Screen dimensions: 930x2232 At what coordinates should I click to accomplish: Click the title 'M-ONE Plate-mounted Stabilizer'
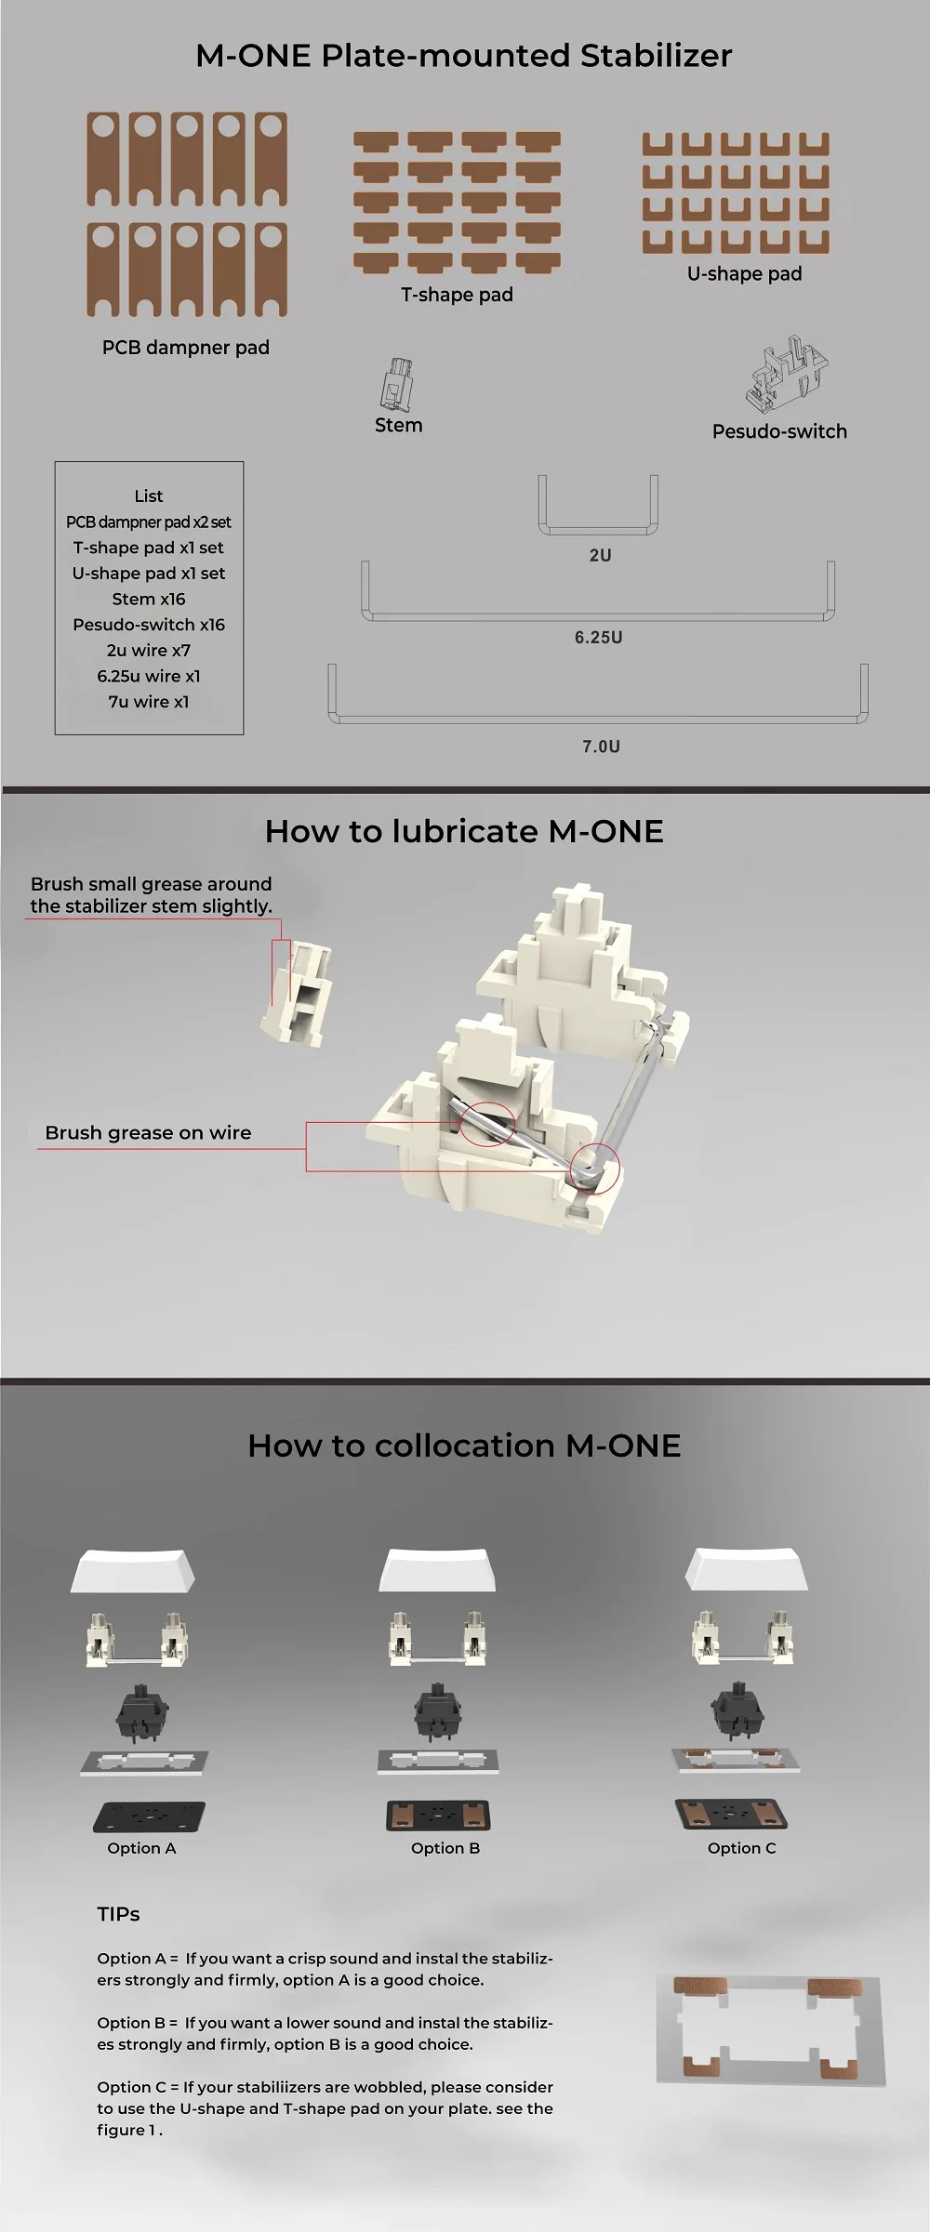tap(463, 56)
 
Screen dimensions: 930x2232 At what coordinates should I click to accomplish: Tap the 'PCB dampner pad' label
tap(186, 348)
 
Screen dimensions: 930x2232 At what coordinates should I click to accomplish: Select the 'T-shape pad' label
tap(457, 295)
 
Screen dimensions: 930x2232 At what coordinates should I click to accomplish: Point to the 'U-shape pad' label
tap(744, 273)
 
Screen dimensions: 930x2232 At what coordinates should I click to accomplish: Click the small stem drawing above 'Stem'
tap(396, 385)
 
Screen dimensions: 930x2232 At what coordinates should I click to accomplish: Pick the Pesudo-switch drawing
tap(787, 376)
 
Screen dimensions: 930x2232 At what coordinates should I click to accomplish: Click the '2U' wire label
tap(600, 555)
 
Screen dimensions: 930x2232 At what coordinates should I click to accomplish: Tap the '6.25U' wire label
tap(598, 638)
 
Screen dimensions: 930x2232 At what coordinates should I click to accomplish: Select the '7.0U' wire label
tap(601, 746)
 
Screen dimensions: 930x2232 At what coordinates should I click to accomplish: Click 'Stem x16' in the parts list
tap(149, 599)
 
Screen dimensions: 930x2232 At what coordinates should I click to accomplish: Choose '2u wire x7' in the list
tap(149, 651)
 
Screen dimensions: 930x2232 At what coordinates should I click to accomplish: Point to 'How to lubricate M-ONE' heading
tap(464, 831)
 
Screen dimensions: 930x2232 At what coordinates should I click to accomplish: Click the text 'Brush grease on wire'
tap(148, 1133)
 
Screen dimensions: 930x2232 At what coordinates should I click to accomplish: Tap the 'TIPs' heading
tap(118, 1914)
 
